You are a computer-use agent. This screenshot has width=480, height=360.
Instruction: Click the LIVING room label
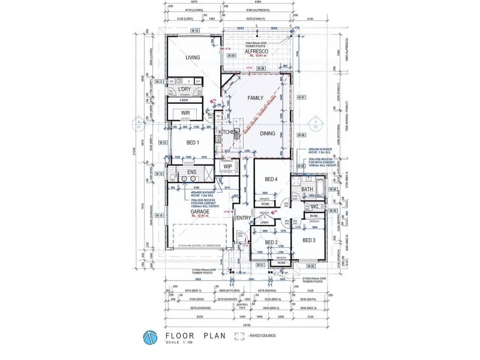tap(192, 58)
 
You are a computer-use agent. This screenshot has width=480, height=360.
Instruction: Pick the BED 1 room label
tap(193, 142)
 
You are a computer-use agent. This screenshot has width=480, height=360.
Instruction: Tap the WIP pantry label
tap(228, 167)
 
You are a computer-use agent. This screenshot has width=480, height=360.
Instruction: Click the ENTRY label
tap(242, 218)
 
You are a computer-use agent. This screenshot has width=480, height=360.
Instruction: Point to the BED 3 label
tap(308, 240)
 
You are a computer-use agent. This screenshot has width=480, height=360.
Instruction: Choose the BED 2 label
tap(271, 242)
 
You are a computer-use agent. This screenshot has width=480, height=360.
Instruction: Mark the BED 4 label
tap(271, 179)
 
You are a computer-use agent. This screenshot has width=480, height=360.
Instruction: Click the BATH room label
tap(307, 190)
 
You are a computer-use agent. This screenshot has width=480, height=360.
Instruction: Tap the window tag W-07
tap(302, 97)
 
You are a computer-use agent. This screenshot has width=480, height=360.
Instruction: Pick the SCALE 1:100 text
tap(179, 343)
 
